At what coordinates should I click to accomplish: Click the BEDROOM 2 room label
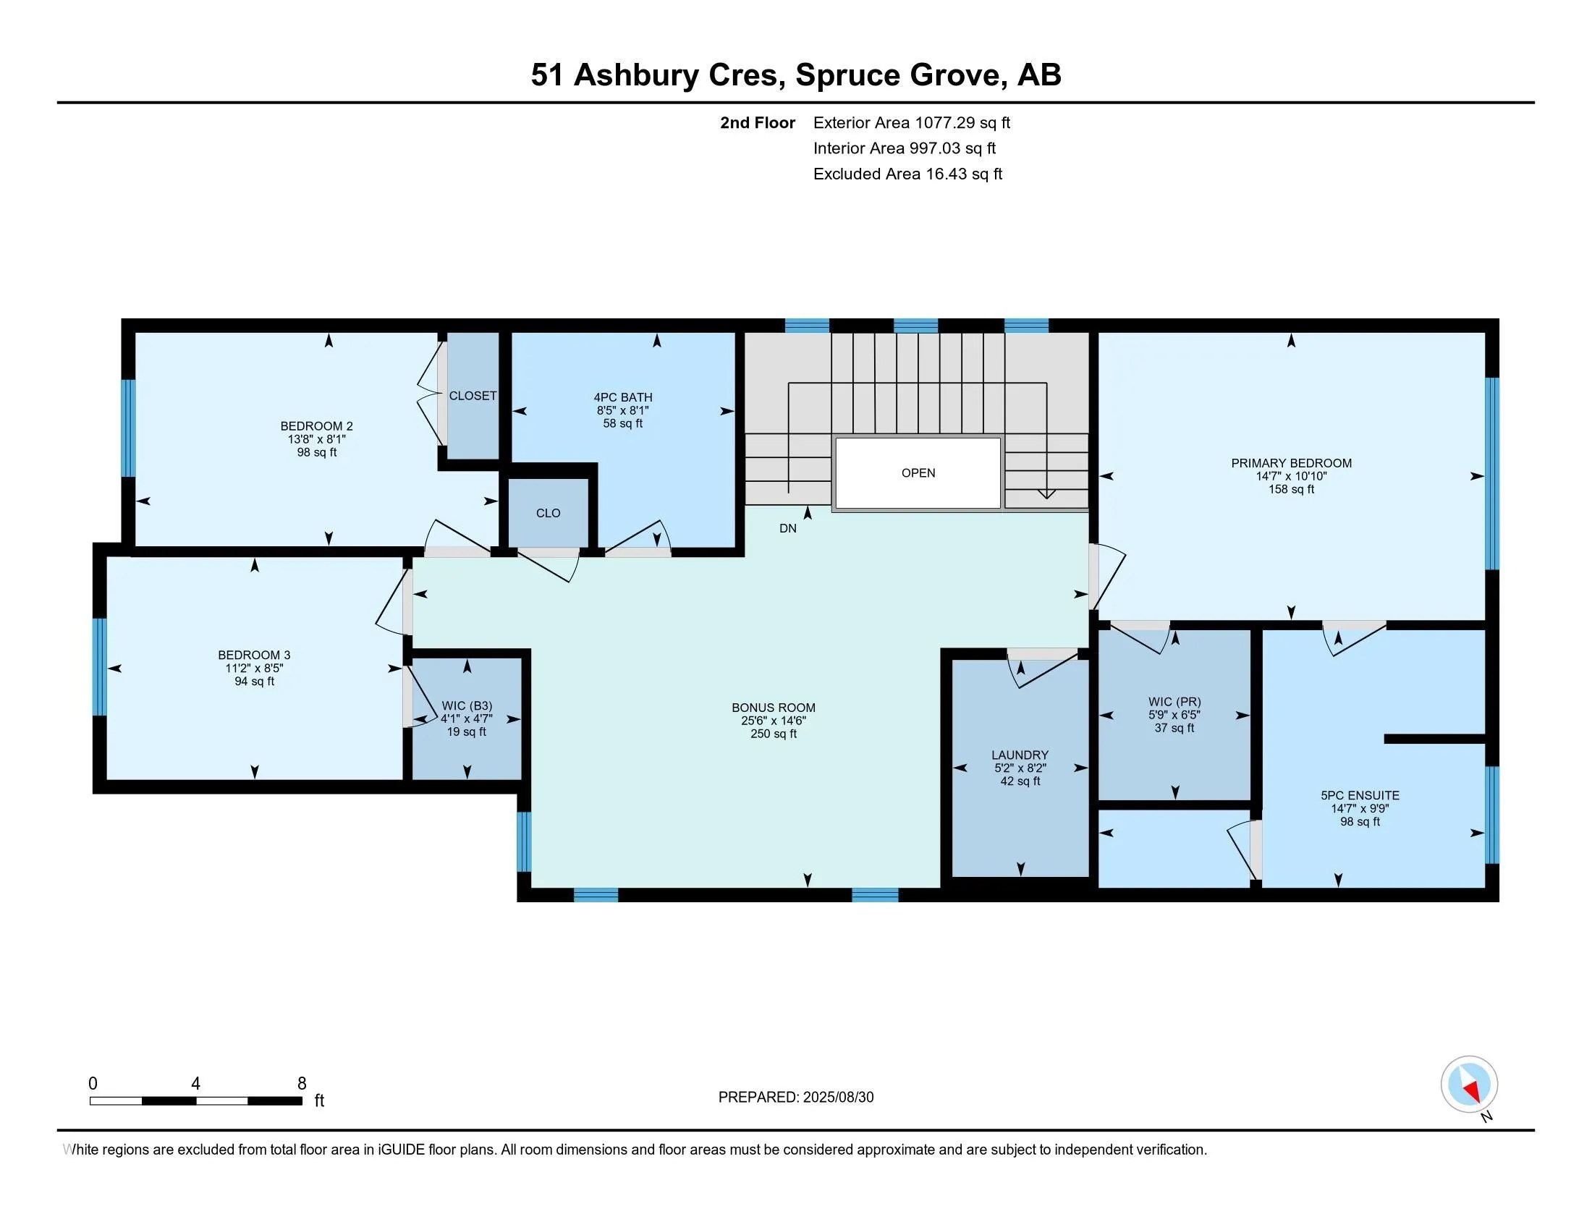tap(316, 426)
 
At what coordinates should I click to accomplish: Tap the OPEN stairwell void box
tap(918, 473)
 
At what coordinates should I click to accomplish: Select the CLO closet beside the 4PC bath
tap(549, 513)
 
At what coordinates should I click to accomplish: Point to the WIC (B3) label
tap(467, 705)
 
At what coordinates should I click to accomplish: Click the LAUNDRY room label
tap(1019, 755)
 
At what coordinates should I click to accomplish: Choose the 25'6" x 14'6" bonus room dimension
tap(774, 721)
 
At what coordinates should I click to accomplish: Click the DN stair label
tap(787, 528)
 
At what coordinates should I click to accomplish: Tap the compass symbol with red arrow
tap(1469, 1085)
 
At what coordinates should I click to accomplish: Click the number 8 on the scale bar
tap(302, 1084)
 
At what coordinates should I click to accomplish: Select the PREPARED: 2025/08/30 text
tap(795, 1098)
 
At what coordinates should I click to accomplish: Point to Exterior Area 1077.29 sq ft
tap(911, 122)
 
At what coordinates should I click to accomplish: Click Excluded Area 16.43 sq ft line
tap(907, 174)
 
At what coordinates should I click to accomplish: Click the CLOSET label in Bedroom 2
tap(473, 396)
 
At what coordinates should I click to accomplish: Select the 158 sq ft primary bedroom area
tap(1291, 489)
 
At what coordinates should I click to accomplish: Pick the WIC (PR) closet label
tap(1174, 702)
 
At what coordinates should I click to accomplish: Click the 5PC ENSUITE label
tap(1360, 796)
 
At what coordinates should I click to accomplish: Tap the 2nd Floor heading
tap(757, 122)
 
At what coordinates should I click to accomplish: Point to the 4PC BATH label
tap(622, 397)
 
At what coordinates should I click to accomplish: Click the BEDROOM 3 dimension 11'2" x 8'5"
tap(254, 669)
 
